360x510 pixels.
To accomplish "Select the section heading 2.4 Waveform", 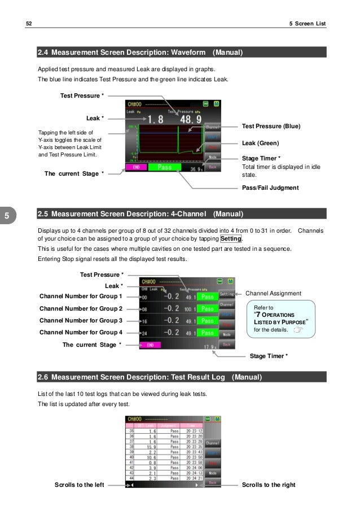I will point(140,53).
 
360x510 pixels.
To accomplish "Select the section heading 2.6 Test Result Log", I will point(149,377).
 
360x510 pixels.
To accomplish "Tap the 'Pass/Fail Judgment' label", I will point(270,187).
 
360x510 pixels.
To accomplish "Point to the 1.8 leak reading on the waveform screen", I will point(156,120).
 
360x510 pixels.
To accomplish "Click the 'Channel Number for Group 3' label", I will point(81,320).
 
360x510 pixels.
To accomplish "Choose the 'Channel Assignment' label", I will point(274,294).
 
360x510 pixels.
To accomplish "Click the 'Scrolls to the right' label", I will point(268,485).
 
